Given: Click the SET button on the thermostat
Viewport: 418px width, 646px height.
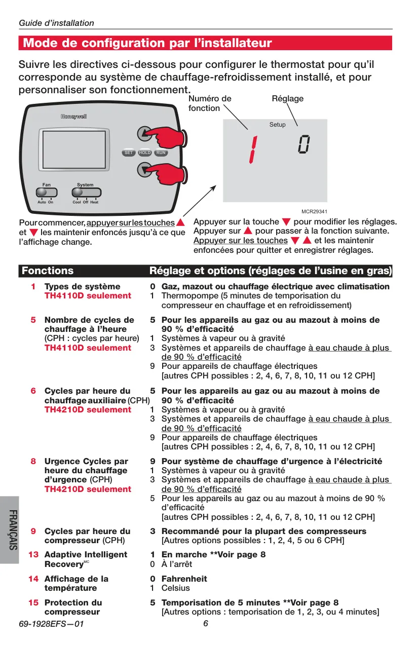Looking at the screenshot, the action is coord(129,153).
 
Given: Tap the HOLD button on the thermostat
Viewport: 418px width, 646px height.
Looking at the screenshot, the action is coord(144,153).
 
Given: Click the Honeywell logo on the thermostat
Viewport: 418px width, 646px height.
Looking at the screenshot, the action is coord(73,117).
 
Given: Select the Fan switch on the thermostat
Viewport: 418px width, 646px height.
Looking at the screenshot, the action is coord(47,192).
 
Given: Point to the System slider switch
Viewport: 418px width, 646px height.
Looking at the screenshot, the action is coord(86,192).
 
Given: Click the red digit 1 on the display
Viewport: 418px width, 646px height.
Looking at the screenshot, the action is coord(253,149).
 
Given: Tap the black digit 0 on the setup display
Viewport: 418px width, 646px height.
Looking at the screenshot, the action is coord(304,144).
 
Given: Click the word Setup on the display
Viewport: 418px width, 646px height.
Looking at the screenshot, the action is coord(277,125).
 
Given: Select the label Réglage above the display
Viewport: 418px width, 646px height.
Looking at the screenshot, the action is coord(288,99).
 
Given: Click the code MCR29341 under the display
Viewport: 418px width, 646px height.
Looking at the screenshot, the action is coord(314,211).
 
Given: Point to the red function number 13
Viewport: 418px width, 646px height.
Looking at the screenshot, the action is coord(33,554).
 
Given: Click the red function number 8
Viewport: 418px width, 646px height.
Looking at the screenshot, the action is coord(33,461).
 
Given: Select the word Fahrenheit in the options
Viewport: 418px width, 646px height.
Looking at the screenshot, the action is coord(184,579).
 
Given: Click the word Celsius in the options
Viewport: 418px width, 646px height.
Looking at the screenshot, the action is coord(175,588).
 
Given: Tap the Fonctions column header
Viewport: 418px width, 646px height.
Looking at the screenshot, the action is coord(48,271).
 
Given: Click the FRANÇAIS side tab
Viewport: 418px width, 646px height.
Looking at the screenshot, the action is coord(13,530).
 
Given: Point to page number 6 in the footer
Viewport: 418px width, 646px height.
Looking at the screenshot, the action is coord(205,623).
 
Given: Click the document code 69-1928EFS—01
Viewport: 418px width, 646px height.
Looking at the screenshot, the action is coord(51,624).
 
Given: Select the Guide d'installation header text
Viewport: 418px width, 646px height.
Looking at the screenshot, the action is coord(57,23).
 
